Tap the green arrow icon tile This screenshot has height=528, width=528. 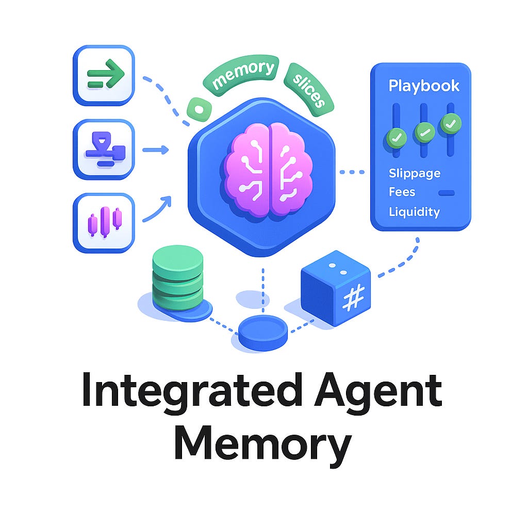[x=104, y=75]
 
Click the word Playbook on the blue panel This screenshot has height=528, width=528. [x=424, y=86]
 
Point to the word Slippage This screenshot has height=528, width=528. [x=415, y=173]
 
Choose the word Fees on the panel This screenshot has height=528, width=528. [x=402, y=192]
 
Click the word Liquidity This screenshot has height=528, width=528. [x=415, y=212]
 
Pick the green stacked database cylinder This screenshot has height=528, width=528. [x=177, y=279]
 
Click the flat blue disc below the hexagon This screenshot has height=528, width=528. [x=263, y=333]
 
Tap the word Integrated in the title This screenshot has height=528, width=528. [x=191, y=392]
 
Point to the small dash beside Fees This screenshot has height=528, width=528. [x=447, y=193]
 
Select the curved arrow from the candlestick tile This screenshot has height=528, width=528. [x=157, y=208]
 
